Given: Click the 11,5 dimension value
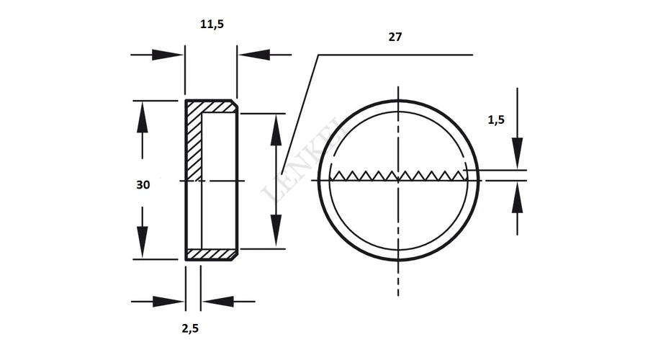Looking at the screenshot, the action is (212, 24).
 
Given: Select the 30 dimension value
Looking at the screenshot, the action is (143, 185).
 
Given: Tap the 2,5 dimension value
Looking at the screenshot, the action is (190, 328).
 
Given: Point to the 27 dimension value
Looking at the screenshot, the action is (395, 37).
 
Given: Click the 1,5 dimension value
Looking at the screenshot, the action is (496, 120).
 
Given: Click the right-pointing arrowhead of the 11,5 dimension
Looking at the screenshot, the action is (167, 55).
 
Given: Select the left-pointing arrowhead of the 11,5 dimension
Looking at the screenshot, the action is (254, 55).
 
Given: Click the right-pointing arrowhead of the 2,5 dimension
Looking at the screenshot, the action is (168, 302).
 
